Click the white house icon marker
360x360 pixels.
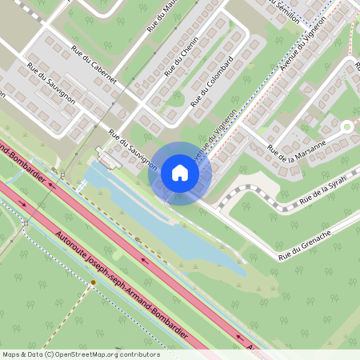click(180, 173)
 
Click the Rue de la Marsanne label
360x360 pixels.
click(297, 146)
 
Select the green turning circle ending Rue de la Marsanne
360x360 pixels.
click(346, 126)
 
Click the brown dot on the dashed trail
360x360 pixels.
click(93, 282)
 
